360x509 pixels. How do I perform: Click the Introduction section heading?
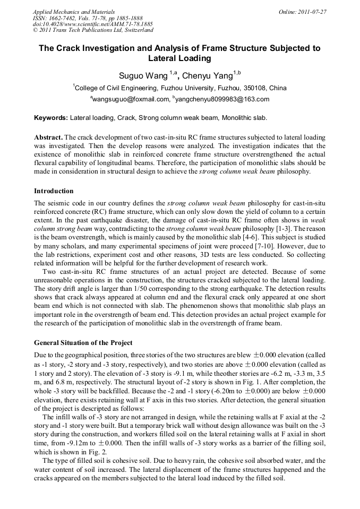click(x=54, y=191)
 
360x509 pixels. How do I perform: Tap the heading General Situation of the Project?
click(x=83, y=343)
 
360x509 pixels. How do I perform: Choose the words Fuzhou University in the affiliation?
click(x=169, y=88)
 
